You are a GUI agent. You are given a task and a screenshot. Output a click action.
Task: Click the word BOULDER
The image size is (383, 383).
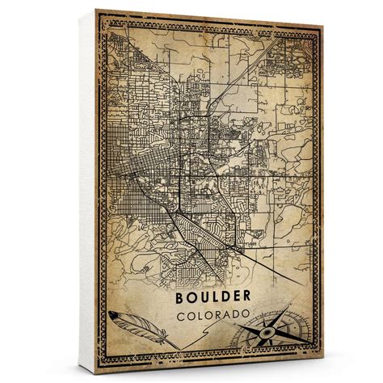[x=216, y=299]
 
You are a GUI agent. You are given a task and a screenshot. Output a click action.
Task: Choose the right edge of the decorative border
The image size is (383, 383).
[x=322, y=194]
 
